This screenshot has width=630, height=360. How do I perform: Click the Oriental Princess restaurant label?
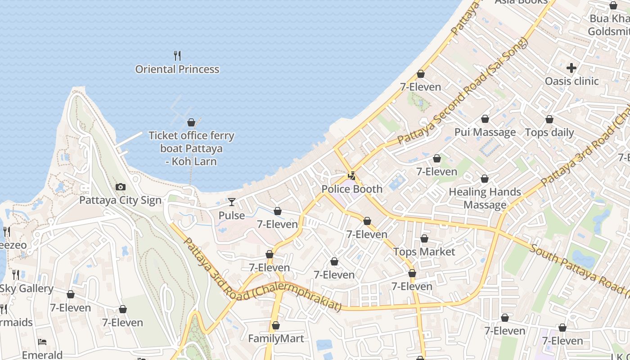pyautogui.click(x=177, y=69)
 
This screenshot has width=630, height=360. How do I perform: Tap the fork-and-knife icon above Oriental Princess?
pyautogui.click(x=177, y=56)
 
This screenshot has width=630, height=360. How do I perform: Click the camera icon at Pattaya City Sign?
pyautogui.click(x=121, y=187)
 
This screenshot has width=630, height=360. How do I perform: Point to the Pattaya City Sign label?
pyautogui.click(x=120, y=200)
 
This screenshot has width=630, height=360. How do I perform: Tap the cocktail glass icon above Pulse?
pyautogui.click(x=232, y=202)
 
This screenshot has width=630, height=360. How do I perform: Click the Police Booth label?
pyautogui.click(x=352, y=189)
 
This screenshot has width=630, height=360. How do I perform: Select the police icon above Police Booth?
pyautogui.click(x=352, y=176)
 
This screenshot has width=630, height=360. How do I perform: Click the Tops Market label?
pyautogui.click(x=424, y=252)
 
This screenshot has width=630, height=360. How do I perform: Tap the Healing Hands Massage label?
pyautogui.click(x=485, y=198)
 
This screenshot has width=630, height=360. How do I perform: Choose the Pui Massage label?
pyautogui.click(x=485, y=132)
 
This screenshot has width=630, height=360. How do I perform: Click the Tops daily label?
pyautogui.click(x=549, y=132)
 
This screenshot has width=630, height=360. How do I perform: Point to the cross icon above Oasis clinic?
pyautogui.click(x=571, y=68)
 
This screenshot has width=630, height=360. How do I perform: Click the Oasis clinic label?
pyautogui.click(x=571, y=81)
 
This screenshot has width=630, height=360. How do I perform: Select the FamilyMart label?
pyautogui.click(x=276, y=338)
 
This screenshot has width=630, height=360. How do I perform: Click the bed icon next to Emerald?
pyautogui.click(x=42, y=342)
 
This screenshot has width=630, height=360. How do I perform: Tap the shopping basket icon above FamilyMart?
pyautogui.click(x=276, y=325)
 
